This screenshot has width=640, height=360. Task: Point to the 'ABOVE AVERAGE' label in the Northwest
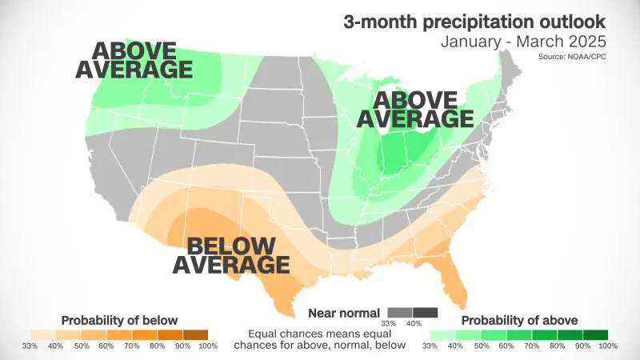(x=134, y=60)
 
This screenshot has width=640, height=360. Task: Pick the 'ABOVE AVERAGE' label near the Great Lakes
(x=414, y=109)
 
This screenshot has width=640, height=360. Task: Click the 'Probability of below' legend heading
(x=118, y=320)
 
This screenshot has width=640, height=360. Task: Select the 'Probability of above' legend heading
(x=518, y=320)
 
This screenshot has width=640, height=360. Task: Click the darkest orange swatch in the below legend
(x=195, y=334)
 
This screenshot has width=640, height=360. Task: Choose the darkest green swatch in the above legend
(x=595, y=334)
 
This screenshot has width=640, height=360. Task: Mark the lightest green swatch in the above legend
(x=443, y=334)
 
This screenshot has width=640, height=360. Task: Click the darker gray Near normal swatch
(x=426, y=311)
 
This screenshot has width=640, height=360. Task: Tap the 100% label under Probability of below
(x=207, y=346)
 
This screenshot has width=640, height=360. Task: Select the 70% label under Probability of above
(x=531, y=346)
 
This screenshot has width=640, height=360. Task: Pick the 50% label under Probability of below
(x=81, y=346)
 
